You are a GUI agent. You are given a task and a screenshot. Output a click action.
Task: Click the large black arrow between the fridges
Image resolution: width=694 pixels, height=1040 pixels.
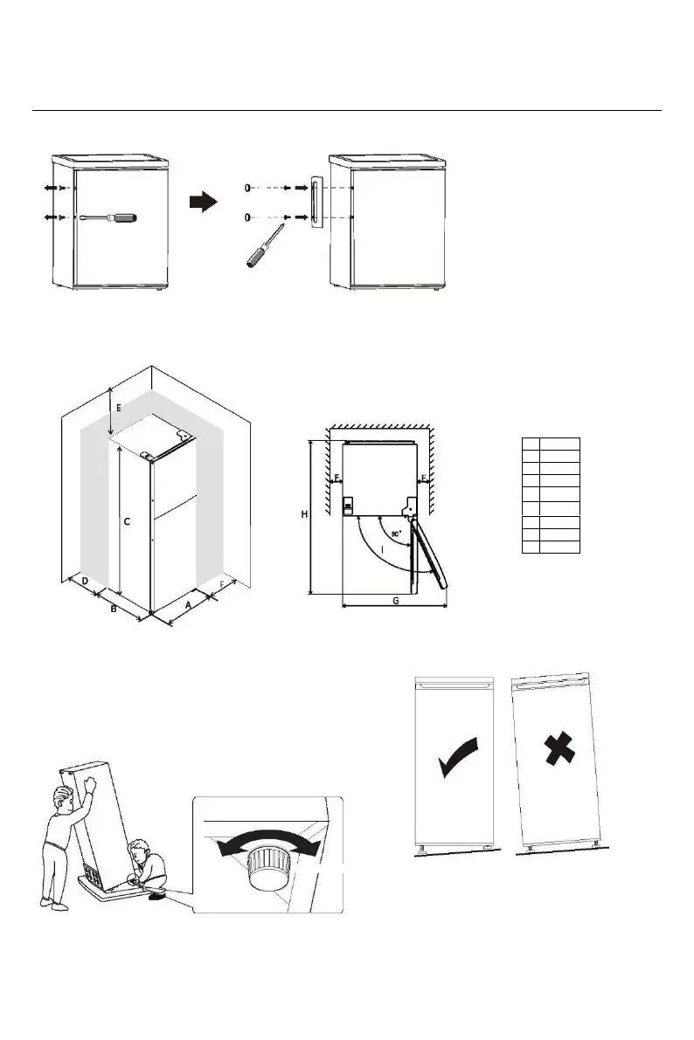(203, 203)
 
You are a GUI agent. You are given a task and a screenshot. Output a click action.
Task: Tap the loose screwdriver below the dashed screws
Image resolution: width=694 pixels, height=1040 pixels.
(265, 245)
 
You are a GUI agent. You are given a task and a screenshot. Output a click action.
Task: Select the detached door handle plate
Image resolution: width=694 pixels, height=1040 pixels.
(315, 202)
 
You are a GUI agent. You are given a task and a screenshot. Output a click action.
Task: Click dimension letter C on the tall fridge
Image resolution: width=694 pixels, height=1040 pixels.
(127, 522)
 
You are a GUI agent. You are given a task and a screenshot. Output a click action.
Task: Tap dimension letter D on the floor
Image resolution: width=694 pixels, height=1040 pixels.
(85, 581)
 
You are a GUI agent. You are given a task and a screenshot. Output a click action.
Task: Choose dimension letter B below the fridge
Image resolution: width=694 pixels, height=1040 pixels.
(113, 610)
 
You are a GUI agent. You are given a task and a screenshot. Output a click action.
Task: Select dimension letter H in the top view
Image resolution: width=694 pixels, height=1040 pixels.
(303, 515)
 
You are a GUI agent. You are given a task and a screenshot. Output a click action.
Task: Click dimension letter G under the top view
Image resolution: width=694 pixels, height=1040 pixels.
(396, 602)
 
